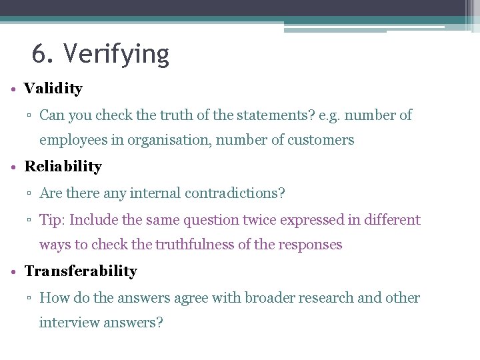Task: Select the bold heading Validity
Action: [x=53, y=88]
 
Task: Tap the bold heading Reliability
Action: [x=63, y=166]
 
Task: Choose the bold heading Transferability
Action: [x=81, y=271]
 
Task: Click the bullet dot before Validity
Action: [x=14, y=89]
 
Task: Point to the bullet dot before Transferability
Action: [x=14, y=272]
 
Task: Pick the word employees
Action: [x=72, y=140]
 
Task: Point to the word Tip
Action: [x=51, y=219]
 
